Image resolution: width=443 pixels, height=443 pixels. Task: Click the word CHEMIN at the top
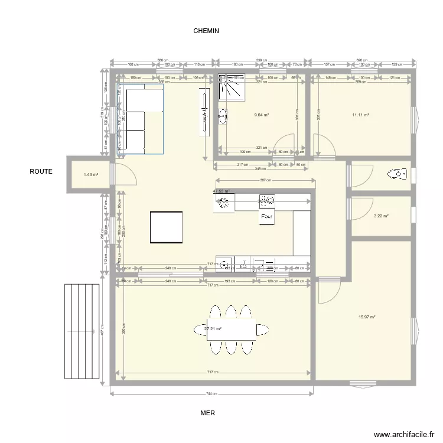click(206, 31)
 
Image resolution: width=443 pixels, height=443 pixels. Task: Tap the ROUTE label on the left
click(41, 172)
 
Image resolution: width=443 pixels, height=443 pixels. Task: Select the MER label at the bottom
click(207, 414)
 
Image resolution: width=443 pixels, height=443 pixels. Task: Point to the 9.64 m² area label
click(261, 116)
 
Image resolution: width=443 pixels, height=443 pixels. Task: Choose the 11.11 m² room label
click(360, 116)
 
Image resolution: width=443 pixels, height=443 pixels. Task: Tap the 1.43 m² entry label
click(90, 175)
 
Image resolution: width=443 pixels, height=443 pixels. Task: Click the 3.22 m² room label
click(382, 216)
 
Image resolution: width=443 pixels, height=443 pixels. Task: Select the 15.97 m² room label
click(367, 317)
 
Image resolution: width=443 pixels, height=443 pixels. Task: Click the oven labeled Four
click(266, 217)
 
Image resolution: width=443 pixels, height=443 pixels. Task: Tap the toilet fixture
click(397, 174)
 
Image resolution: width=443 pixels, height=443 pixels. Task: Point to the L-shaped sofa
click(139, 119)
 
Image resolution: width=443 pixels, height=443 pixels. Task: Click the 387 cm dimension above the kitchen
click(265, 181)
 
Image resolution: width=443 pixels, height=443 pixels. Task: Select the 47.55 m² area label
click(221, 191)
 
